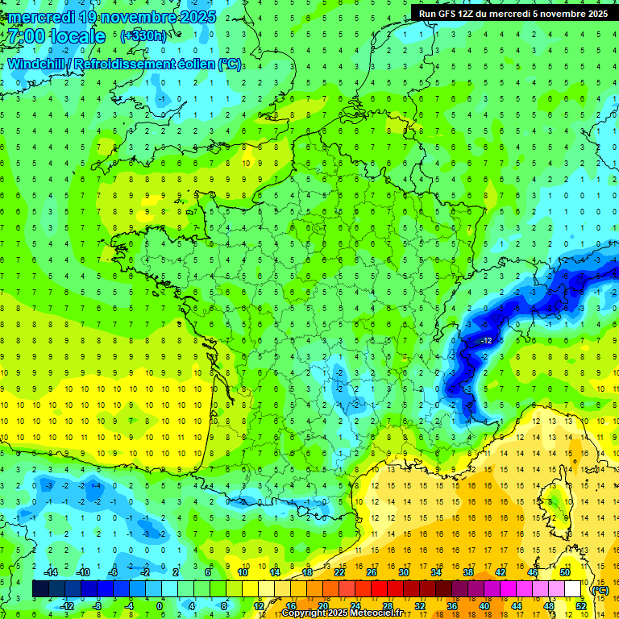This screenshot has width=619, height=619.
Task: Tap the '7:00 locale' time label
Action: [x=55, y=37]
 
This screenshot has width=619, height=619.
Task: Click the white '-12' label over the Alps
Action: [x=486, y=341]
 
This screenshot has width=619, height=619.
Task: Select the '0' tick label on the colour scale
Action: [x=159, y=606]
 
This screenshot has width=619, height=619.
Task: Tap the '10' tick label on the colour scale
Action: [x=243, y=572]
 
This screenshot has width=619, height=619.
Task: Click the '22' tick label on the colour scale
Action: [x=339, y=572]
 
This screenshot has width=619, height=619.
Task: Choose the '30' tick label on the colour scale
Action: [x=404, y=572]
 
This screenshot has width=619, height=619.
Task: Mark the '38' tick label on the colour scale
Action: [x=468, y=572]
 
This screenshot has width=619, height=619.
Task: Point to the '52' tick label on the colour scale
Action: [x=580, y=606]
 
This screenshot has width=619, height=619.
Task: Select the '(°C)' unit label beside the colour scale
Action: [x=600, y=589]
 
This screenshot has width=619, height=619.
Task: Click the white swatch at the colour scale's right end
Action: [x=572, y=589]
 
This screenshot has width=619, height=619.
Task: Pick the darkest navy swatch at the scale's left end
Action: [x=40, y=589]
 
